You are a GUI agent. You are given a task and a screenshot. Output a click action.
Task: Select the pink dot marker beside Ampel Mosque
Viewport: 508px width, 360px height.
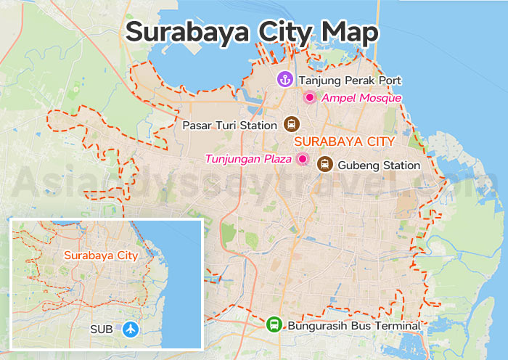(309, 97)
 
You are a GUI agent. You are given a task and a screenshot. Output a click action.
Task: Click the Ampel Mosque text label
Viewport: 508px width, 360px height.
(361, 98)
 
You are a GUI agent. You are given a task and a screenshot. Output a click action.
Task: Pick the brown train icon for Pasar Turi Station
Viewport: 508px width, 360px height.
(292, 124)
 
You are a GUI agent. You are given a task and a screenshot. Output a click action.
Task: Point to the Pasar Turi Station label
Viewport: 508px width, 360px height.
(229, 125)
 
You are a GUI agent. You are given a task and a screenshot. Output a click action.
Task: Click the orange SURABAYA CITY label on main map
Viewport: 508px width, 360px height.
(345, 141)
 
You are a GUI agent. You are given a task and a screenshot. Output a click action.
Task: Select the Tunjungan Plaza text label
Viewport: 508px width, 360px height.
(248, 159)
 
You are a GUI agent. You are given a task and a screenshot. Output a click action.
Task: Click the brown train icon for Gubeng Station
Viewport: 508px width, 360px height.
(324, 165)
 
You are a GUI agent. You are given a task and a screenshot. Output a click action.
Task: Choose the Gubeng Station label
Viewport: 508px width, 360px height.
(378, 165)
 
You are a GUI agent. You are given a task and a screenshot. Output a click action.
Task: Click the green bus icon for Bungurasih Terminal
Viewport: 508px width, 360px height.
(274, 325)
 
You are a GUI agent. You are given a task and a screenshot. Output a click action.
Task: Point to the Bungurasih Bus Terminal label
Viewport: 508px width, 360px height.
(354, 326)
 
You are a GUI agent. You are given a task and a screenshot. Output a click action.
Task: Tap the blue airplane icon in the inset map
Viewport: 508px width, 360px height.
(131, 329)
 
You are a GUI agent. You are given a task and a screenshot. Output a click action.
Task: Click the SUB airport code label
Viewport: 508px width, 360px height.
(101, 330)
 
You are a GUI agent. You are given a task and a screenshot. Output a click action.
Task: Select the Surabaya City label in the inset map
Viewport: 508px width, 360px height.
(100, 255)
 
